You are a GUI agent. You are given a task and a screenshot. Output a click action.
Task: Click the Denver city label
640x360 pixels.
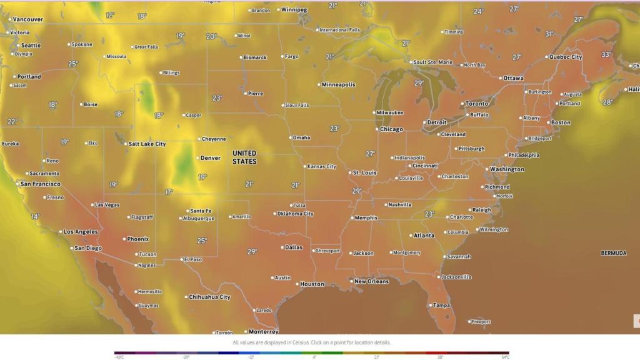pos(211,158)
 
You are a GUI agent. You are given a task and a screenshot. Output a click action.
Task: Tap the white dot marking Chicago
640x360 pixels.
pos(377,129)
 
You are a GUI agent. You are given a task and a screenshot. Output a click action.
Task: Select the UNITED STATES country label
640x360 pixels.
pos(244,157)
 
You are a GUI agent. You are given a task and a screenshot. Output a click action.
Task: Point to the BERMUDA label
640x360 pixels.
pos(613,253)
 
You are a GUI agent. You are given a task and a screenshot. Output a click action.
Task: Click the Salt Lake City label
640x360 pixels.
pos(147,144)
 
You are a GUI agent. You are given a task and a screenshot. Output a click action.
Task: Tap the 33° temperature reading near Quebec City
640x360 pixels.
pos(606,54)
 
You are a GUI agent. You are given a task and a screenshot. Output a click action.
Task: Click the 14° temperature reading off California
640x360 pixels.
pos(36,216)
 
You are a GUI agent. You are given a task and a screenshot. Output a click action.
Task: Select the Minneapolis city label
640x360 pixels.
pos(338,84)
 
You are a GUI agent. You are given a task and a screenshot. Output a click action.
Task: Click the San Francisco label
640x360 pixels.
pos(41,184)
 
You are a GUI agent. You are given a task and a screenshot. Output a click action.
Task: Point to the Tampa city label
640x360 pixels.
pos(441,305)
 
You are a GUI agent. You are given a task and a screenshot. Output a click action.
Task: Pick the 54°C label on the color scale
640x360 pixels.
pos(504,357)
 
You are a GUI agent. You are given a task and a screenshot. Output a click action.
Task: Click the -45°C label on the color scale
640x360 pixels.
pos(119,357)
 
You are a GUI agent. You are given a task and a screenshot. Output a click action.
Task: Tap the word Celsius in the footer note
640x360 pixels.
pos(297,342)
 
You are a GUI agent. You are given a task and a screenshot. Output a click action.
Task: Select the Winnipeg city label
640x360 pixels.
pos(294,10)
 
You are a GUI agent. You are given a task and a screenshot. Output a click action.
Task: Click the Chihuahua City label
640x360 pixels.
pos(209,297)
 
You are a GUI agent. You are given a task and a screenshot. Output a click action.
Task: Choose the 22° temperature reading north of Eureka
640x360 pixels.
pos(12,121)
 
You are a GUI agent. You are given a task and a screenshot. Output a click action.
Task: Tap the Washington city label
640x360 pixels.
pos(507,169)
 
